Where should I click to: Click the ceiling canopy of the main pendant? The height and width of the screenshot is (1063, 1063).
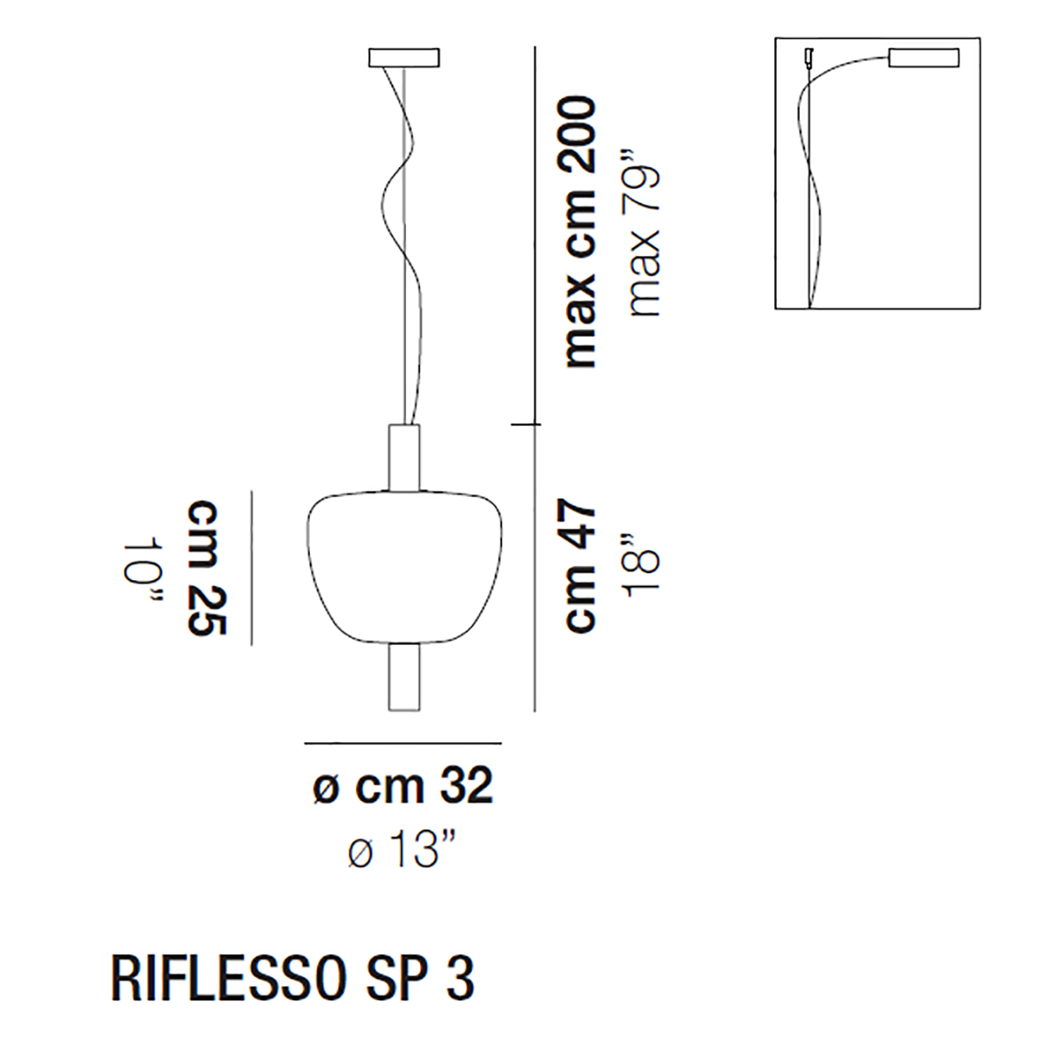(404, 58)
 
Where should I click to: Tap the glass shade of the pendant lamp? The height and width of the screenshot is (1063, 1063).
(404, 567)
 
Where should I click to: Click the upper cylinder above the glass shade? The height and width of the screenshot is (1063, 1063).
(404, 457)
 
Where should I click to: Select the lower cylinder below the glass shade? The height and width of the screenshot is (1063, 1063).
(404, 676)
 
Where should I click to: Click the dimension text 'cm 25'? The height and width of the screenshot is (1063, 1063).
(207, 568)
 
